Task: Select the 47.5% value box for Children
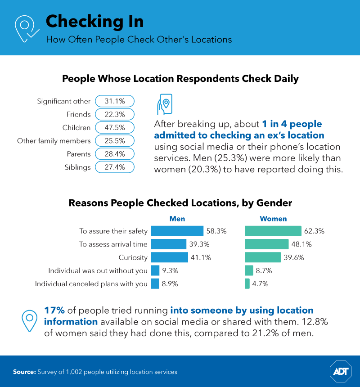[115, 128]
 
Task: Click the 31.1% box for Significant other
[115, 101]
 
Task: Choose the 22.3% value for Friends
[115, 114]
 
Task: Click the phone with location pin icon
[164, 105]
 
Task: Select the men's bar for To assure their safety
[177, 231]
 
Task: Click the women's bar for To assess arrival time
[266, 244]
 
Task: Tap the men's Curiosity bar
[169, 257]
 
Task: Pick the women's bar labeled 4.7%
[247, 284]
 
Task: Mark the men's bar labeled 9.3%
[155, 270]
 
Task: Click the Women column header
[273, 219]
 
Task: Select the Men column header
[177, 219]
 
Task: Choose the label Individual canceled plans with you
[91, 284]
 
